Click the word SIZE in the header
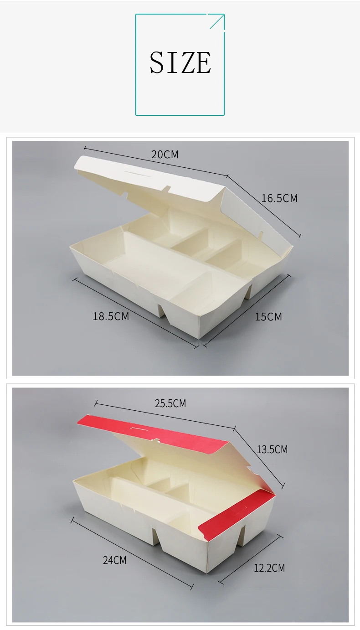(180, 63)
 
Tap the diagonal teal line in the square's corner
(217, 21)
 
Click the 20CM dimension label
(165, 155)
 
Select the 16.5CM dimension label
(279, 198)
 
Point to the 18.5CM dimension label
(111, 316)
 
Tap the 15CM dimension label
(268, 316)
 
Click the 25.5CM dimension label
(170, 403)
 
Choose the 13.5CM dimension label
(272, 449)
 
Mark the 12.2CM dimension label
(269, 568)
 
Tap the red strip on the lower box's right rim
(237, 508)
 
